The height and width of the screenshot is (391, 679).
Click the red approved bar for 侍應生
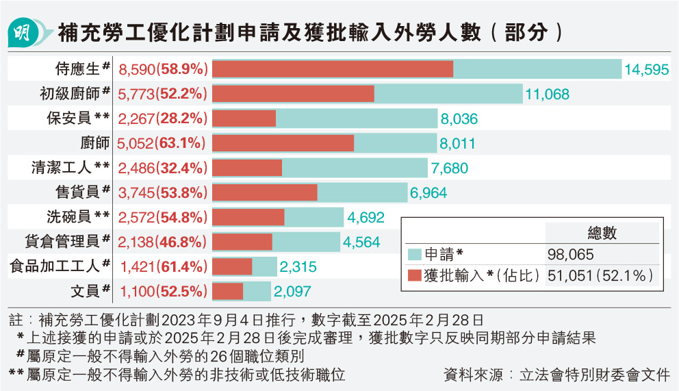tap(333, 69)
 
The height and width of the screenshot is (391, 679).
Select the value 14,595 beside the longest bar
tap(646, 69)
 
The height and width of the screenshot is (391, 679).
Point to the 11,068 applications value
tap(547, 94)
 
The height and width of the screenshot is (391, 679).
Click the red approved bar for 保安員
tap(244, 118)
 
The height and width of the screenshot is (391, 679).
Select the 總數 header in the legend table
tap(602, 233)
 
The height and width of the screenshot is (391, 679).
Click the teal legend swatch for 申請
tap(414, 254)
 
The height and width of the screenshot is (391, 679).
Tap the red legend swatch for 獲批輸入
tap(414, 276)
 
